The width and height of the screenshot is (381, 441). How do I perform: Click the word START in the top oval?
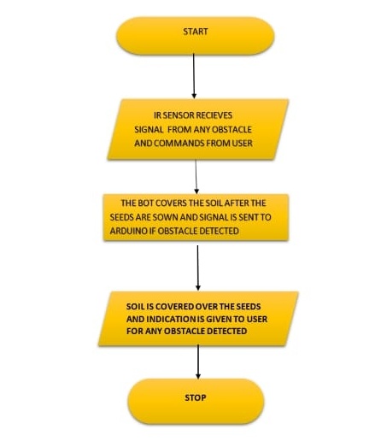(x=196, y=32)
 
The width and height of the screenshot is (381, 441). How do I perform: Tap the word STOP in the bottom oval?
(x=196, y=397)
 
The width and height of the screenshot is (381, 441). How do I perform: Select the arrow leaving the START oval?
(x=194, y=76)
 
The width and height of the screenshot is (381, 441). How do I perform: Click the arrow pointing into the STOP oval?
(x=198, y=362)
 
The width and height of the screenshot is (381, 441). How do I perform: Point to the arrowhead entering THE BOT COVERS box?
(x=196, y=191)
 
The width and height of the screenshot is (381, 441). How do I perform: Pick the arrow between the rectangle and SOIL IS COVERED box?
(x=198, y=268)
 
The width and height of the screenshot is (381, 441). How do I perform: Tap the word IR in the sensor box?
(x=157, y=115)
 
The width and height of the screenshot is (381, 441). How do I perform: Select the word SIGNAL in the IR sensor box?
(x=149, y=129)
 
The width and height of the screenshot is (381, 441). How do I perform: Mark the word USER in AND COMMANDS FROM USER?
(x=243, y=143)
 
